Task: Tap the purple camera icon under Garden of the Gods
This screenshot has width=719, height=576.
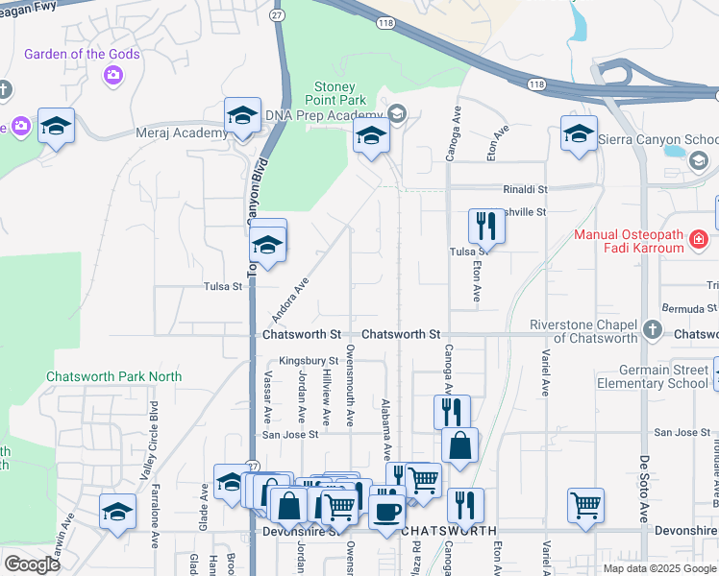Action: pos(113,75)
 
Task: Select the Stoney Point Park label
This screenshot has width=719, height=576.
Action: pos(336,93)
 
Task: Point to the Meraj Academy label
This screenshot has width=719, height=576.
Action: pos(182,133)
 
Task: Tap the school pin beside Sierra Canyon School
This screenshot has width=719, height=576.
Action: pos(580,133)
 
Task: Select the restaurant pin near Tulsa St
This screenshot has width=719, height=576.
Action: pos(485,227)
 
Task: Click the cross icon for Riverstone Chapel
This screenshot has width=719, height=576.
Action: pos(653,330)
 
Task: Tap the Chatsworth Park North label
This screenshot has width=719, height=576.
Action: pos(113,376)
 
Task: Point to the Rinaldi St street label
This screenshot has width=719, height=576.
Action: pos(524,190)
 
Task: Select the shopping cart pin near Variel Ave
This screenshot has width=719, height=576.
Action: pos(585,504)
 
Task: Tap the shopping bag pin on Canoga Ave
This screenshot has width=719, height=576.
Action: pos(459,445)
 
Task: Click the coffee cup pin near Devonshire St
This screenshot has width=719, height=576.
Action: pos(387,511)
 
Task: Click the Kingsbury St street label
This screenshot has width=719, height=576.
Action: pos(303,361)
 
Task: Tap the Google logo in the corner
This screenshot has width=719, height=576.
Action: pos(32,564)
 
